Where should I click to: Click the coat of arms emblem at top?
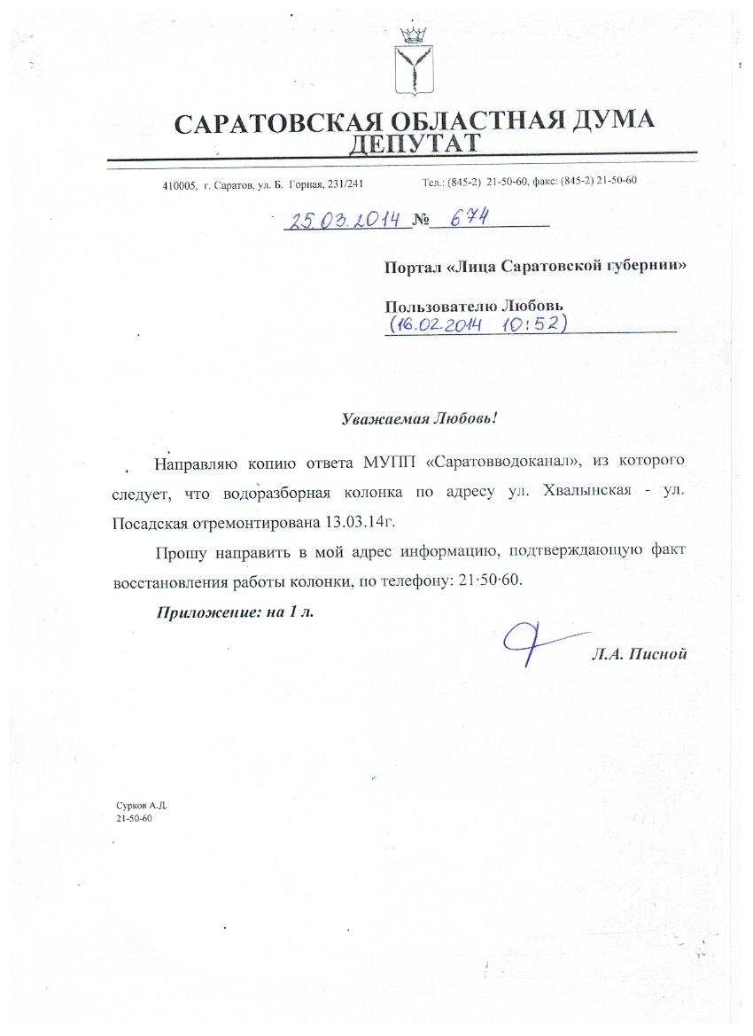(x=412, y=63)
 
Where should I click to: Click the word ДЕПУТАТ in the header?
(x=415, y=143)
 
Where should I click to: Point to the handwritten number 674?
(x=465, y=217)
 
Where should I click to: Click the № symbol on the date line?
(x=419, y=220)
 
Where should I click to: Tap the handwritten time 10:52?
(x=532, y=324)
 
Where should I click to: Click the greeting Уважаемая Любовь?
(x=421, y=418)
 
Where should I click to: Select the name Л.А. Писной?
(x=640, y=655)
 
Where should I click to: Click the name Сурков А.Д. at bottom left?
(x=142, y=807)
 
